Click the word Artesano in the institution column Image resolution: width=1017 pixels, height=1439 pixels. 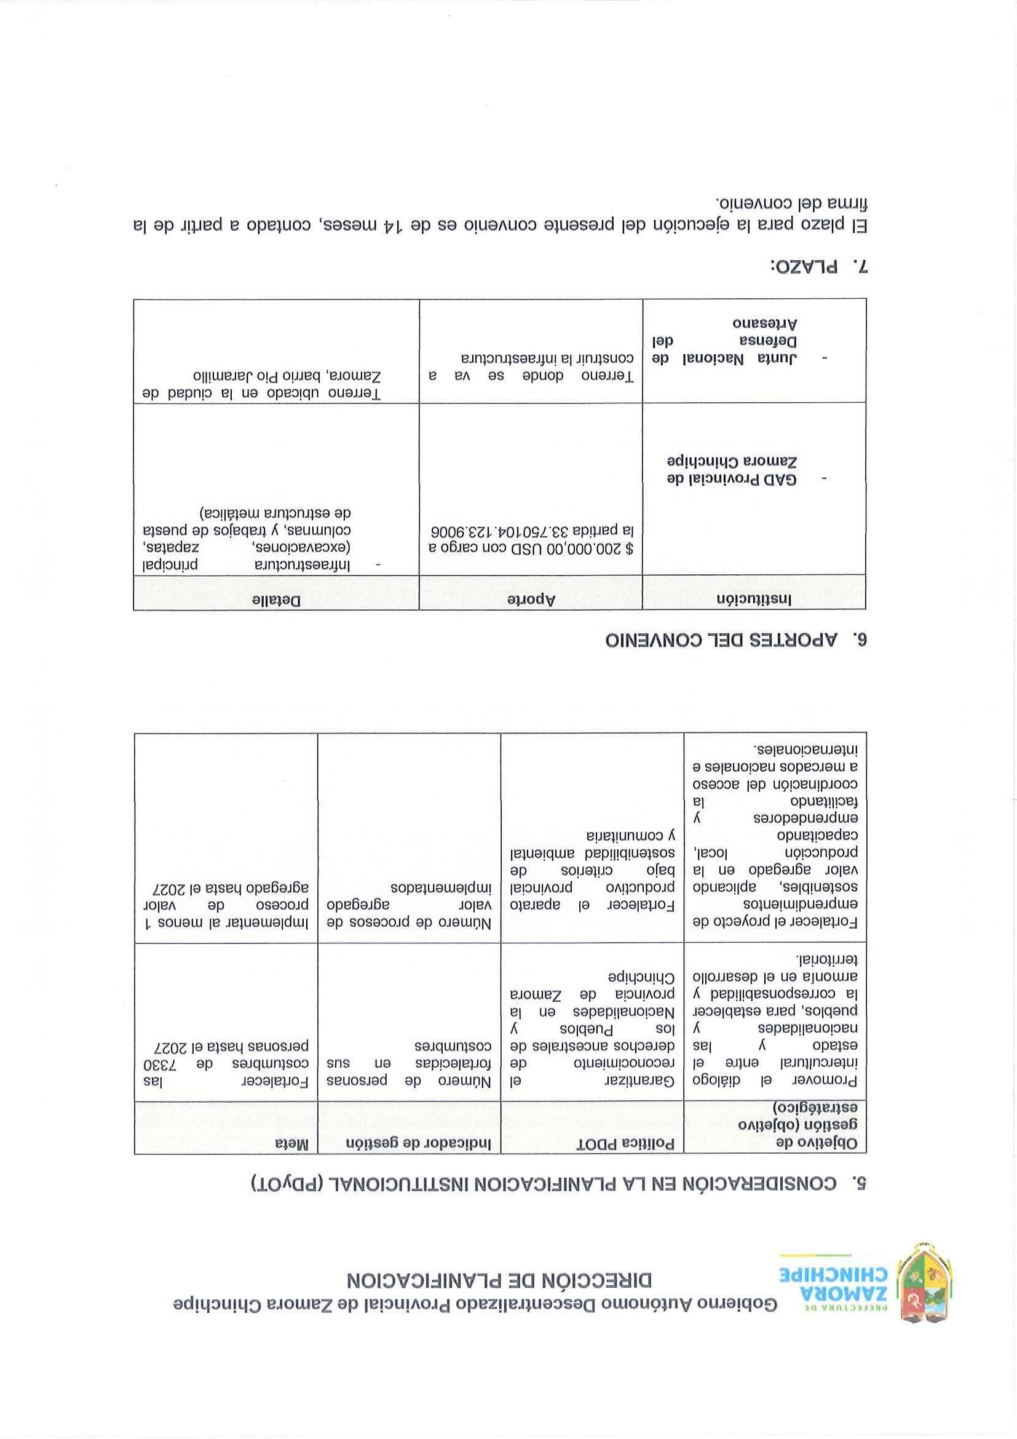(765, 324)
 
